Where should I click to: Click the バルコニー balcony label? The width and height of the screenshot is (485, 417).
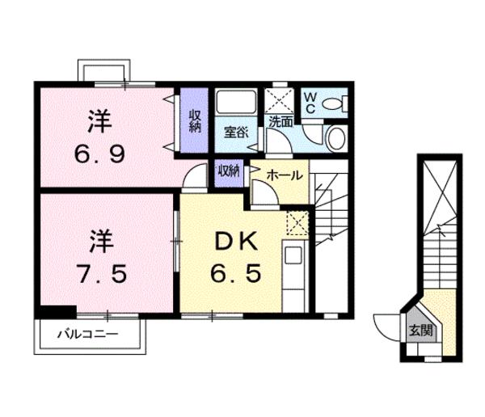pos(88,334)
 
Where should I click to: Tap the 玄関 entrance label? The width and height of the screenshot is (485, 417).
pos(420,331)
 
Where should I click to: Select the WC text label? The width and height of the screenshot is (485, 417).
pos(310,103)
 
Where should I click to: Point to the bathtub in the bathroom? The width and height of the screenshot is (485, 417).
pos(236,102)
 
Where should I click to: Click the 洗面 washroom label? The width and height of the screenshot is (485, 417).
pos(280,122)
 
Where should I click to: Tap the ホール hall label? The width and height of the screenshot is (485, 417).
pos(285,175)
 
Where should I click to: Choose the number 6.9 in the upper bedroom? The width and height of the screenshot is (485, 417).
pos(99,154)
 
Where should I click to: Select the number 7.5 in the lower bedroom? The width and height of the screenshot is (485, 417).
pos(102,273)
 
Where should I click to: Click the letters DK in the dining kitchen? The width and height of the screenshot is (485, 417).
pos(236,242)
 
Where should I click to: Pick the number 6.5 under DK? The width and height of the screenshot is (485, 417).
pos(236,273)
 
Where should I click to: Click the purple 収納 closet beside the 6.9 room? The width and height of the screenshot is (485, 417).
pos(194,120)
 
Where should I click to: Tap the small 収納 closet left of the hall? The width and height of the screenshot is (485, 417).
pos(229,173)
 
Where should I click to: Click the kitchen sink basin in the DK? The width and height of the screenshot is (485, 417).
pos(293,255)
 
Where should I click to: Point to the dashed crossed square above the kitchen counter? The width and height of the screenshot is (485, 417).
pos(297,223)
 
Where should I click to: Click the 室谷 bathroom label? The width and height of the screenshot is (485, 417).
pos(236,133)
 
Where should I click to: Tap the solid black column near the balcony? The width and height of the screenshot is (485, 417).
pos(58,311)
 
